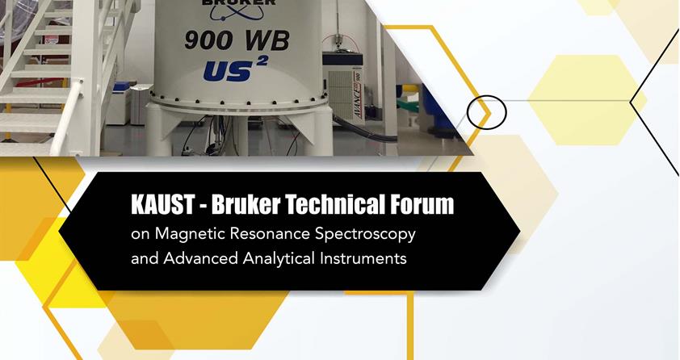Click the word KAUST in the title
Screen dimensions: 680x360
click(162, 204)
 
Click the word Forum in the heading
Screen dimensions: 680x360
click(422, 204)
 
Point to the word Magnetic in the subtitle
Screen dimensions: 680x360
click(190, 234)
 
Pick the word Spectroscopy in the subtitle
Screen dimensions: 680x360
click(366, 235)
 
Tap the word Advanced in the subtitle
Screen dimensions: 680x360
click(201, 258)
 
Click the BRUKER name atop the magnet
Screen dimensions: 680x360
click(239, 2)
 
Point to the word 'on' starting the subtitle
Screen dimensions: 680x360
click(141, 235)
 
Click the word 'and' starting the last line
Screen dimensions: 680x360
click(145, 259)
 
